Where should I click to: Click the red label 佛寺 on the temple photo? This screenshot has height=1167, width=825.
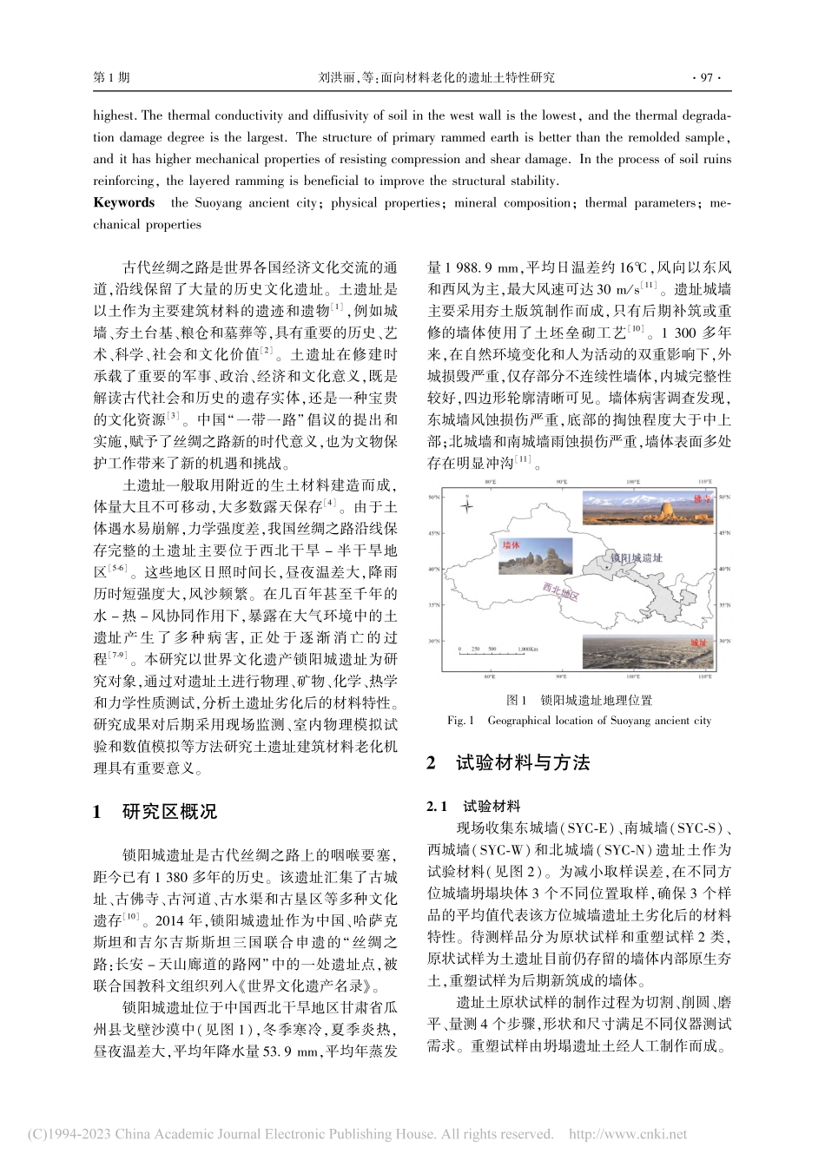tap(702, 499)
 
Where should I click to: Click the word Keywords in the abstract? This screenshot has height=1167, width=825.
tap(123, 202)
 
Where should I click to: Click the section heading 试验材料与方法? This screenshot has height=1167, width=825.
tap(523, 762)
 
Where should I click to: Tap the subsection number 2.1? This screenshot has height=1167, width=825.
tap(438, 806)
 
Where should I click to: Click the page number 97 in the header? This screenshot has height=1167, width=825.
tap(705, 77)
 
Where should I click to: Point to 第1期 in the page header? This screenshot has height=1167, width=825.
tap(110, 77)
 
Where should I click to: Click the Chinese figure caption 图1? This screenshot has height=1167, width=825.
tap(517, 700)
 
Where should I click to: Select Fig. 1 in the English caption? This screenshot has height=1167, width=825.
tap(460, 721)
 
